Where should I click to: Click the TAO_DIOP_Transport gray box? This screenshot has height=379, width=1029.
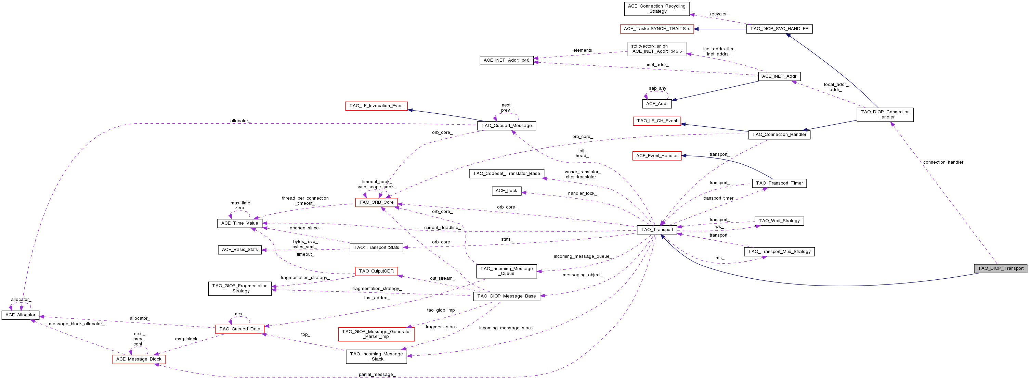pyautogui.click(x=1000, y=268)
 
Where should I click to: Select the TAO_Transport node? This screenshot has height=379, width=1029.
pyautogui.click(x=657, y=229)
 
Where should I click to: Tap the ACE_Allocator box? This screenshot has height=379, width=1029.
pyautogui.click(x=21, y=315)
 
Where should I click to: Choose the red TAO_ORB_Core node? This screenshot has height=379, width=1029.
pyautogui.click(x=376, y=202)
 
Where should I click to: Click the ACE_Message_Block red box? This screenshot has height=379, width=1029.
pyautogui.click(x=139, y=359)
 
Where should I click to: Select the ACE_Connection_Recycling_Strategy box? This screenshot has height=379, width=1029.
pyautogui.click(x=656, y=9)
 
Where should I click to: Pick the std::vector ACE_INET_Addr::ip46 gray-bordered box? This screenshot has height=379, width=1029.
pyautogui.click(x=657, y=49)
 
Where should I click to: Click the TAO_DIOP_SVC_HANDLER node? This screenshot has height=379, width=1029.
pyautogui.click(x=779, y=29)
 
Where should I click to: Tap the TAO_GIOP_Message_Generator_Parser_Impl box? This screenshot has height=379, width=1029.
pyautogui.click(x=376, y=334)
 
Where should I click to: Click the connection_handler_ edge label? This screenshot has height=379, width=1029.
pyautogui.click(x=944, y=162)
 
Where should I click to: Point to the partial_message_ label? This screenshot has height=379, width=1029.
pyautogui.click(x=377, y=375)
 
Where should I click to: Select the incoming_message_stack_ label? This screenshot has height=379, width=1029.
pyautogui.click(x=507, y=328)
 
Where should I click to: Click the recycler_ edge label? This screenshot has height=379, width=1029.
pyautogui.click(x=719, y=14)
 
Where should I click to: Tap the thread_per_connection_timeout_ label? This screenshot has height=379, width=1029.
pyautogui.click(x=305, y=201)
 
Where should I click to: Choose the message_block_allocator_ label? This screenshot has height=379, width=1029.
pyautogui.click(x=77, y=324)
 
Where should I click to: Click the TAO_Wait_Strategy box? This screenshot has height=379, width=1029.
pyautogui.click(x=779, y=221)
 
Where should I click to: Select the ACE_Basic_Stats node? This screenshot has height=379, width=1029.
pyautogui.click(x=240, y=250)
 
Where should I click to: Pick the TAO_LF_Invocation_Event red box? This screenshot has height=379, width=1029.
pyautogui.click(x=376, y=106)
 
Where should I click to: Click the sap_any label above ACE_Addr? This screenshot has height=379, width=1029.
pyautogui.click(x=657, y=88)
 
